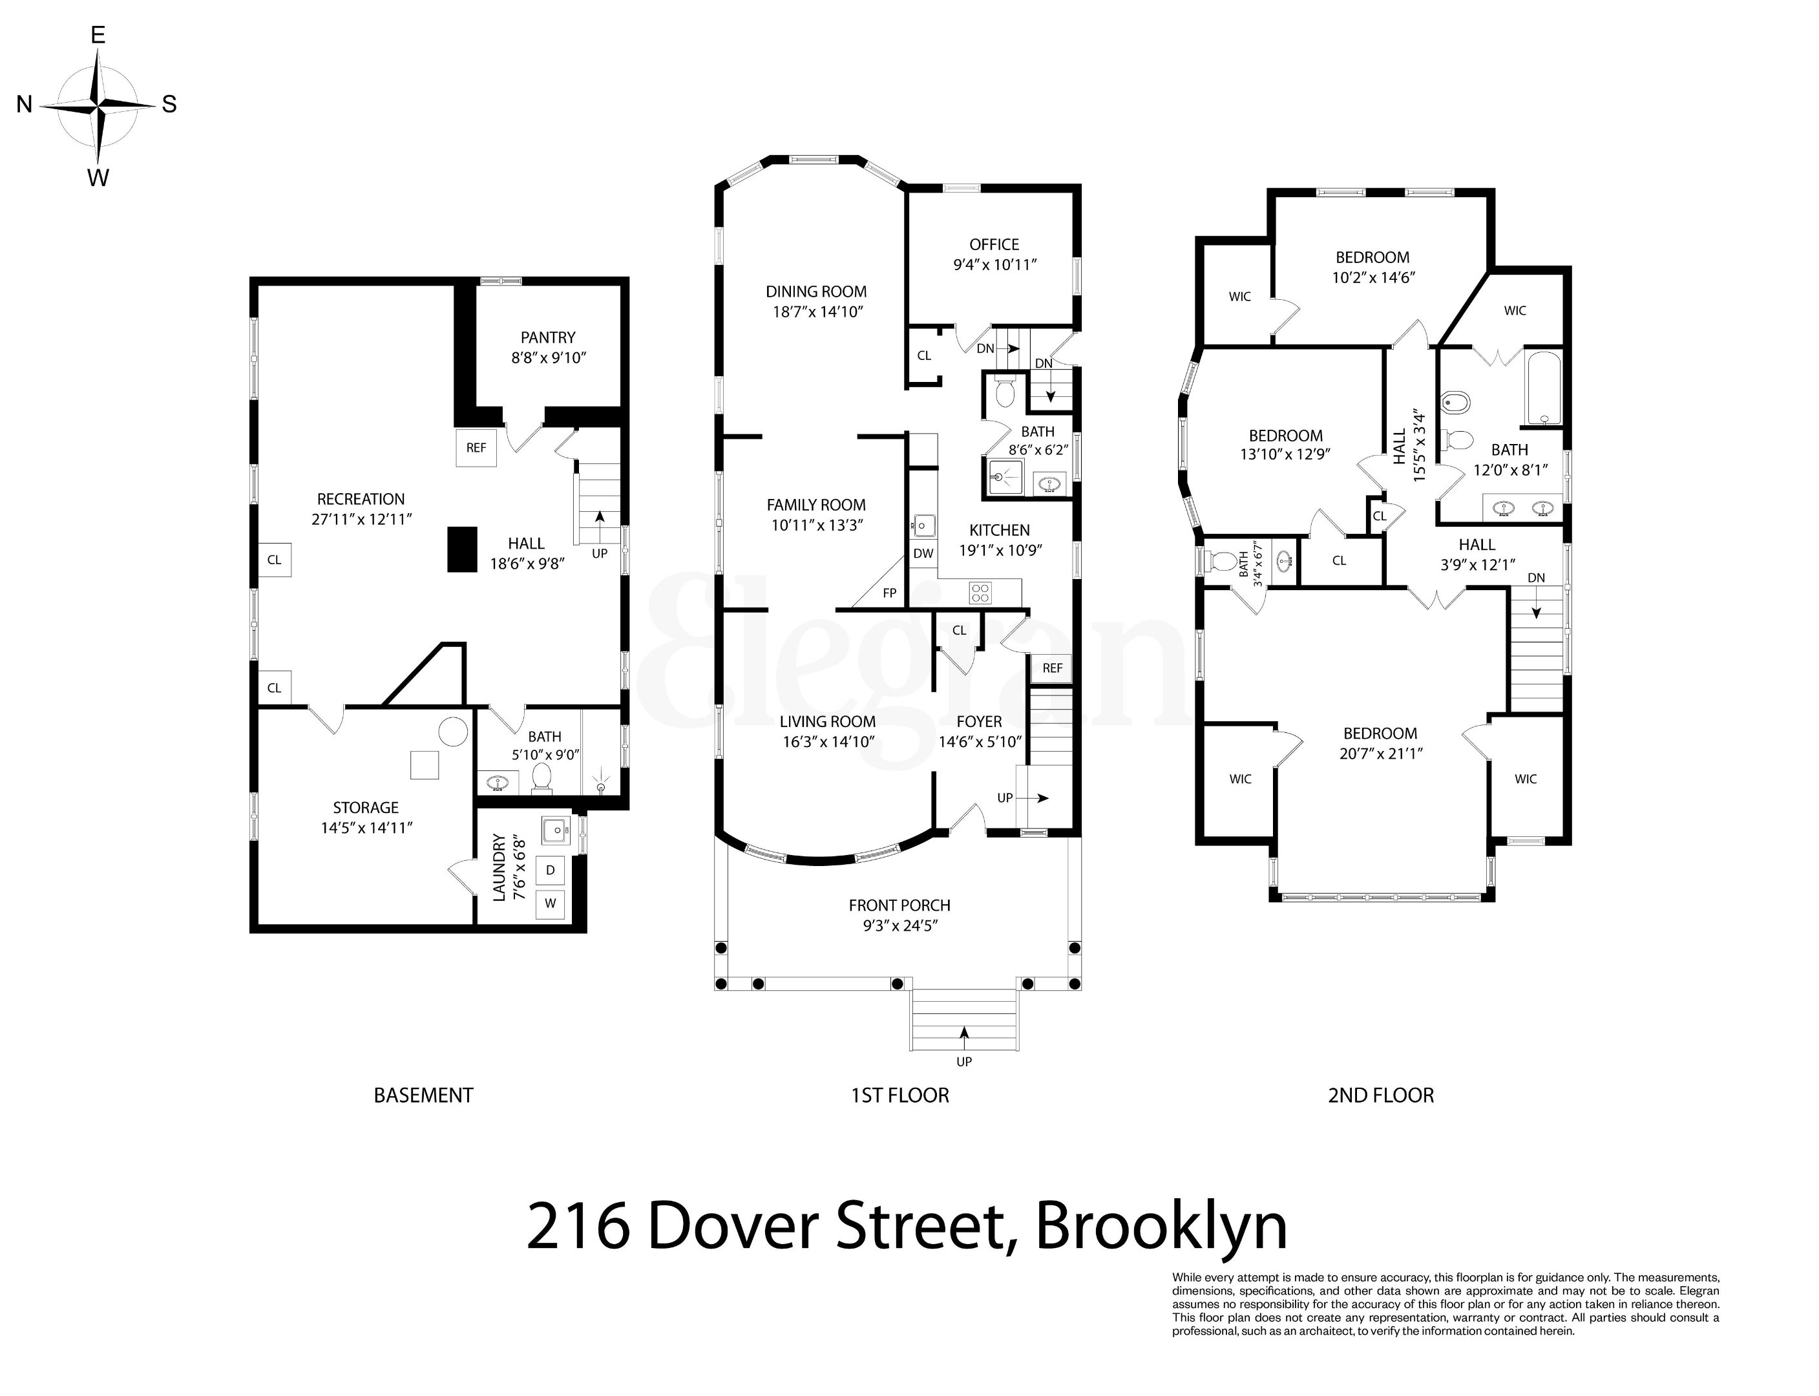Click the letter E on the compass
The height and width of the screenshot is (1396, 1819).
97,35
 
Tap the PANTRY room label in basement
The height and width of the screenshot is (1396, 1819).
547,337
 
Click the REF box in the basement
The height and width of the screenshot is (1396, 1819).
476,448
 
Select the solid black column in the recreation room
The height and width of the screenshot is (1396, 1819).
463,549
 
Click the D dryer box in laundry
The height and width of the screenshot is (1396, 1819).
550,871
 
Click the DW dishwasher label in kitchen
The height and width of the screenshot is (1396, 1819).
923,553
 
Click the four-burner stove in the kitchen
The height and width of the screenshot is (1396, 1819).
980,593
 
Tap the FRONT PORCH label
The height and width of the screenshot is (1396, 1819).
899,905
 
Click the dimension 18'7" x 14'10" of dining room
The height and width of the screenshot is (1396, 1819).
817,312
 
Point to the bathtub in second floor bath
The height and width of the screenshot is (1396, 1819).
1543,387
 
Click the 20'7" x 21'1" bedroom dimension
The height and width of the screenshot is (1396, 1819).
1380,754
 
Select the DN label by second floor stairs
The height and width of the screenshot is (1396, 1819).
1536,578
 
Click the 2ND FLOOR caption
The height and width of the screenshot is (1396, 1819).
1380,1095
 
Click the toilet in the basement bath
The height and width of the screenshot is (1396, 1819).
541,777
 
